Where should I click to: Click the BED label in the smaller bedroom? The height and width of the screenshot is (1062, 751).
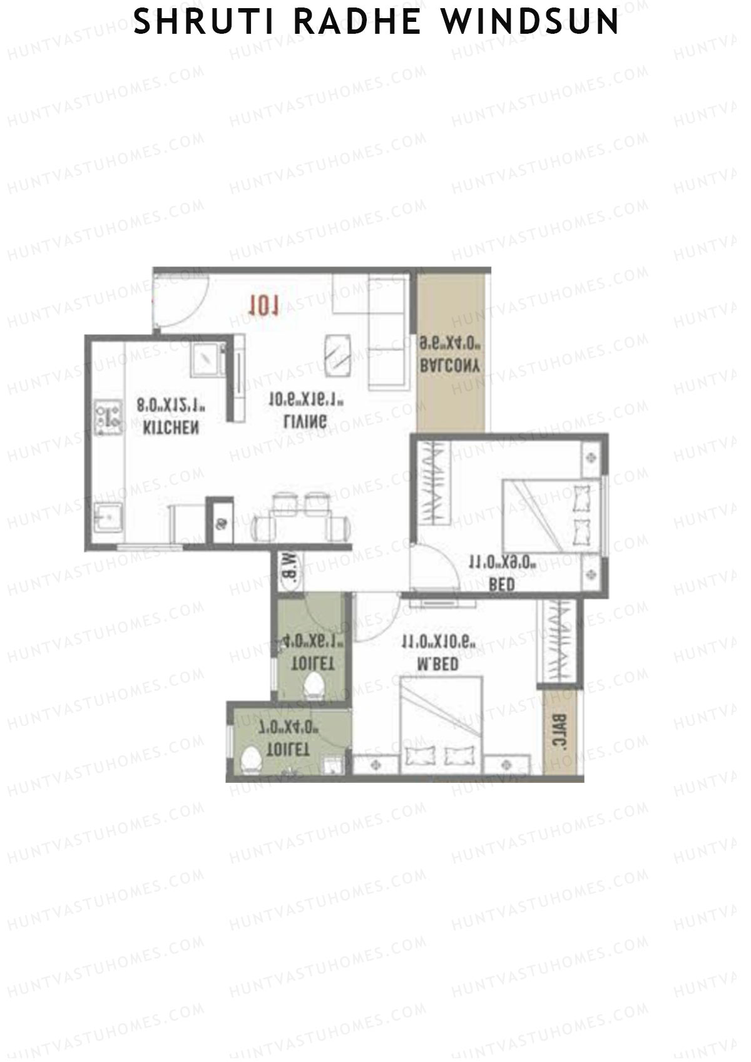(502, 585)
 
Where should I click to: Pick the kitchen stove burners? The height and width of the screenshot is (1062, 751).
(107, 418)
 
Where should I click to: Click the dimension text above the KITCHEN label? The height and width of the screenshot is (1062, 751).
(171, 405)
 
